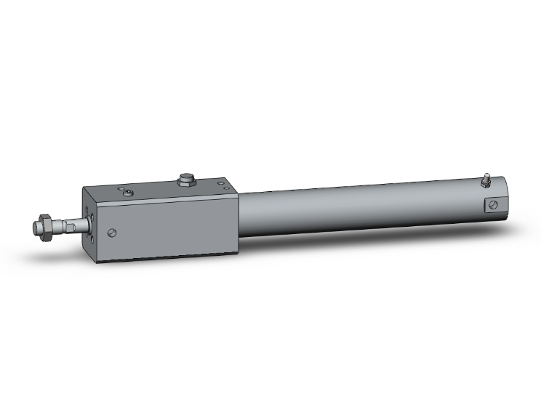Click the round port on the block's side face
click(111, 233)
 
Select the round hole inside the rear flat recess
click(493, 204)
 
